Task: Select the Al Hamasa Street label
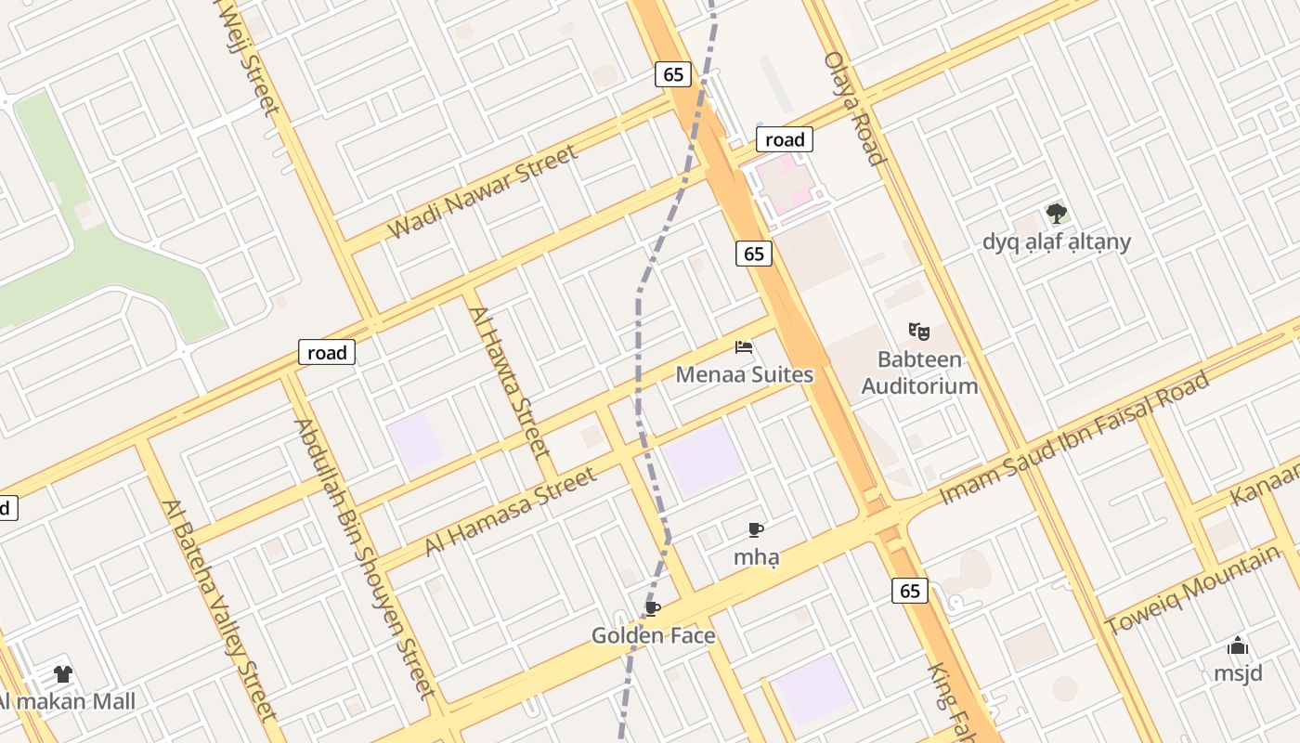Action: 510,512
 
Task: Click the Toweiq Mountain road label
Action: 1191,591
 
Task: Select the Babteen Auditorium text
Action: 919,372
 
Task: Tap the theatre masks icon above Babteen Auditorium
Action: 919,331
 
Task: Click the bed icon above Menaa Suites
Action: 744,347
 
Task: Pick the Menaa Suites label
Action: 744,375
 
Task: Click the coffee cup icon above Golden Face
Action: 653,608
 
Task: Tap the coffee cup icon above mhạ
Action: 756,530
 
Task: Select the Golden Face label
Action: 654,636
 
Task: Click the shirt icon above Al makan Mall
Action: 63,674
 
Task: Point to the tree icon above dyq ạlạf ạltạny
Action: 1056,214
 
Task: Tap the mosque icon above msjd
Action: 1238,646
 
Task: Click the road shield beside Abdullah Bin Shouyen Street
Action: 327,353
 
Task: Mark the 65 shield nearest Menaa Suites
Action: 754,254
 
